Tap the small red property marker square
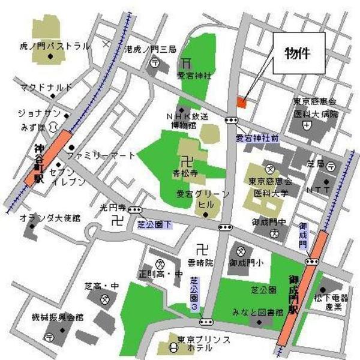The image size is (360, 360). tap(241, 103)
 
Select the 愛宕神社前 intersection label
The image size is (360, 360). tap(257, 138)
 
